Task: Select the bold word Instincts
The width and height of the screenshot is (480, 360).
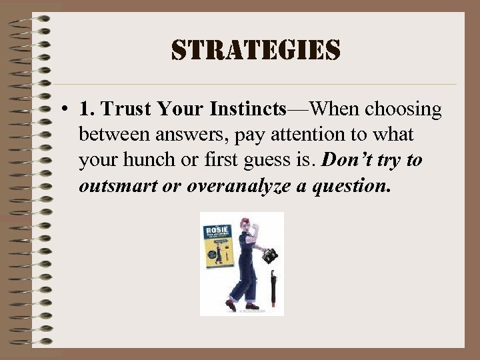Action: click(x=248, y=109)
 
